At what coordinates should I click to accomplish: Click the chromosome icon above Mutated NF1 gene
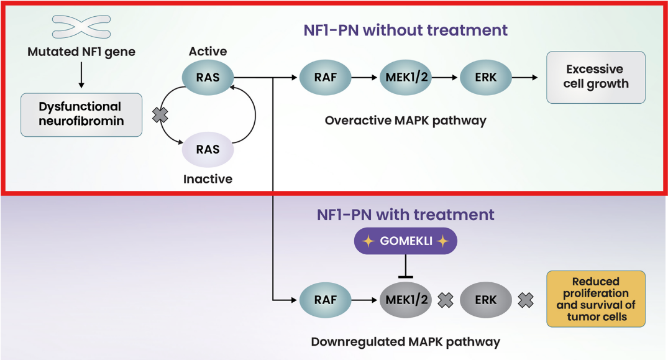81,26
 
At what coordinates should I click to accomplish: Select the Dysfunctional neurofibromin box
81,114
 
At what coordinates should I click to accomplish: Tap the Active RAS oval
208,78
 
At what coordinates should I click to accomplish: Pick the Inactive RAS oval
208,149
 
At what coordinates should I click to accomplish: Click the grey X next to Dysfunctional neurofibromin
160,114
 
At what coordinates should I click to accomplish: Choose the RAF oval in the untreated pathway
325,78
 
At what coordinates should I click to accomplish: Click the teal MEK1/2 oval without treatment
406,78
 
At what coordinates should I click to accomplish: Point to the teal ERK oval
485,78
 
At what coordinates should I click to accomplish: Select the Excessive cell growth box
595,77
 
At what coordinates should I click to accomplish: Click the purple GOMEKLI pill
405,241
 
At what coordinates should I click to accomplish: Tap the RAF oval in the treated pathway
325,300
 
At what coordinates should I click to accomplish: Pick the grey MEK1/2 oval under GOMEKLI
406,300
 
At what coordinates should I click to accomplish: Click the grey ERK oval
485,300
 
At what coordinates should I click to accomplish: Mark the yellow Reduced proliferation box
596,299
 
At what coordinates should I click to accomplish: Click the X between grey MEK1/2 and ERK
446,300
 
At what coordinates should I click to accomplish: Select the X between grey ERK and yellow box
526,300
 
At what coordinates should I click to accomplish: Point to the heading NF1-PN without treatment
405,30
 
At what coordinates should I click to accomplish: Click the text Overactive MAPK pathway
405,120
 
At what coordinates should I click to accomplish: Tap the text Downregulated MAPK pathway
405,341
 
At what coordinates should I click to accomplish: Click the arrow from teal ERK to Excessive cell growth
526,78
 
